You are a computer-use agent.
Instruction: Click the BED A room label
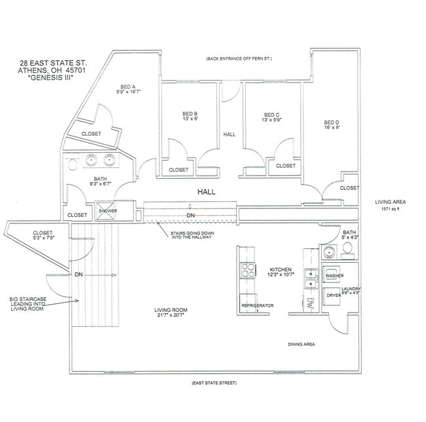point(127,86)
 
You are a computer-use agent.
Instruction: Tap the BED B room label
point(190,113)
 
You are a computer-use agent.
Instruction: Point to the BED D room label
point(332,123)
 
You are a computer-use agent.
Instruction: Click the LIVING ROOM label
point(171,310)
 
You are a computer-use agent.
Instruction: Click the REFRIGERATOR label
point(257,306)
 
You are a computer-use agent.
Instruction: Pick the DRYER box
point(334,296)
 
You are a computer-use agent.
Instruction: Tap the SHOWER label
point(107,211)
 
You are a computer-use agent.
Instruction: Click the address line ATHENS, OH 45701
point(47,70)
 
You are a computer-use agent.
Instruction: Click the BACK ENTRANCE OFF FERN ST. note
point(238,58)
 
